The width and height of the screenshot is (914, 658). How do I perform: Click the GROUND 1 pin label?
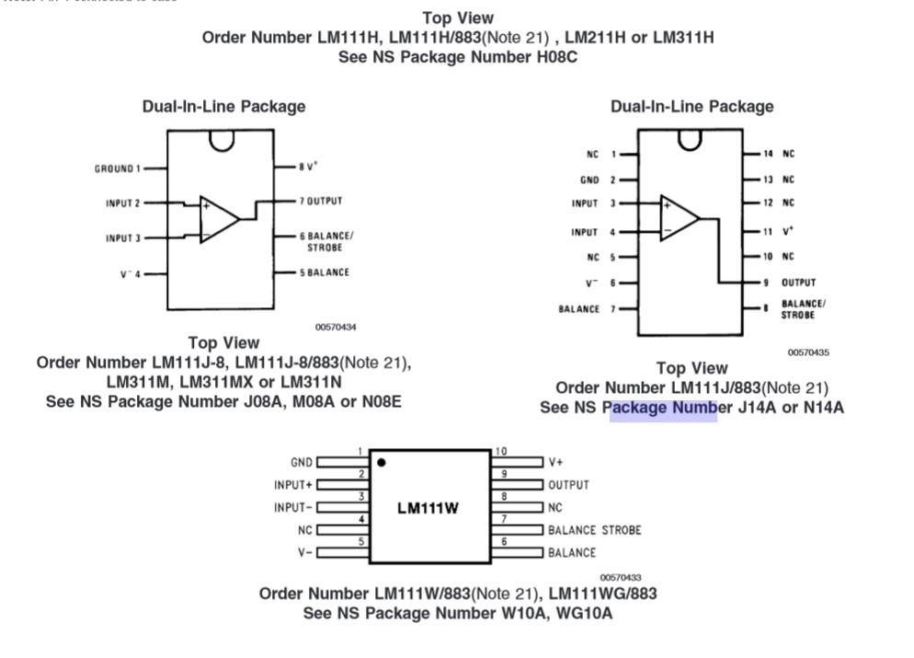[117, 168]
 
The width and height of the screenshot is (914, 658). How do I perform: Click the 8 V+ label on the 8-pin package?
[307, 167]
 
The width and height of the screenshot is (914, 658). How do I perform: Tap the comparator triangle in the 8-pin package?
[219, 218]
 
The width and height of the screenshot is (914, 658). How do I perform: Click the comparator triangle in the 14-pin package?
[679, 218]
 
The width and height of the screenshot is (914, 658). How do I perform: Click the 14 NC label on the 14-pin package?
[778, 154]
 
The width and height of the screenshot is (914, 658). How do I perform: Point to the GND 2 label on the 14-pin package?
[598, 180]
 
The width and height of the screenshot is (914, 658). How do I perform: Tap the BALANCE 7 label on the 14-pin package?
[587, 309]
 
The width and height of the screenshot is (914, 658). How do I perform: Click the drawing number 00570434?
[336, 327]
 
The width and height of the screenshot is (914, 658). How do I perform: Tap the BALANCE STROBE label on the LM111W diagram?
[594, 530]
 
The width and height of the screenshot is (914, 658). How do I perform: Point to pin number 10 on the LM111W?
[501, 451]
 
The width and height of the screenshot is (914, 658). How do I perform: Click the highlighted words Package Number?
[663, 408]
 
